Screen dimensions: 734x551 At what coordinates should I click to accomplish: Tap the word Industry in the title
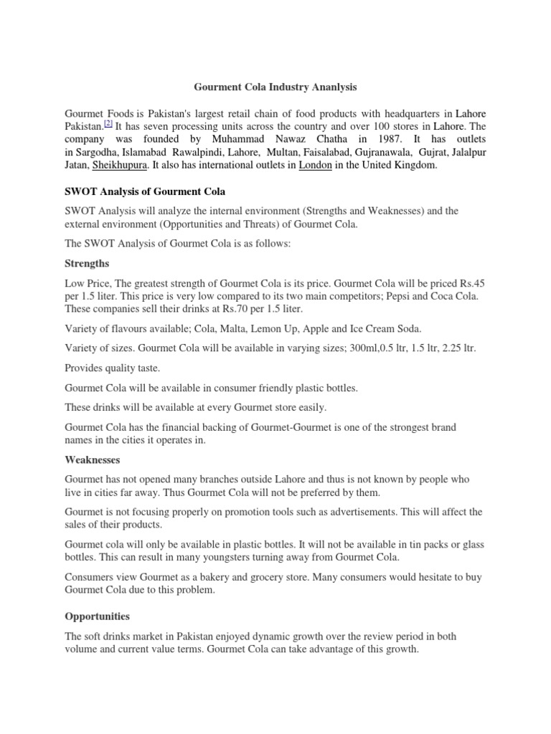tap(280, 87)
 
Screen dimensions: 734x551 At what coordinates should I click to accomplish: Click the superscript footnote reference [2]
tap(108, 123)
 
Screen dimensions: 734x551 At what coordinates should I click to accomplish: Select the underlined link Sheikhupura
tap(120, 166)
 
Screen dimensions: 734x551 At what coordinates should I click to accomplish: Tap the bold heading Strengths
tap(87, 263)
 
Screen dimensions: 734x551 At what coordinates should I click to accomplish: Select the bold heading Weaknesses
tap(93, 459)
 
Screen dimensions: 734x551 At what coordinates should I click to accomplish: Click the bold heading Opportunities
tap(98, 616)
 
